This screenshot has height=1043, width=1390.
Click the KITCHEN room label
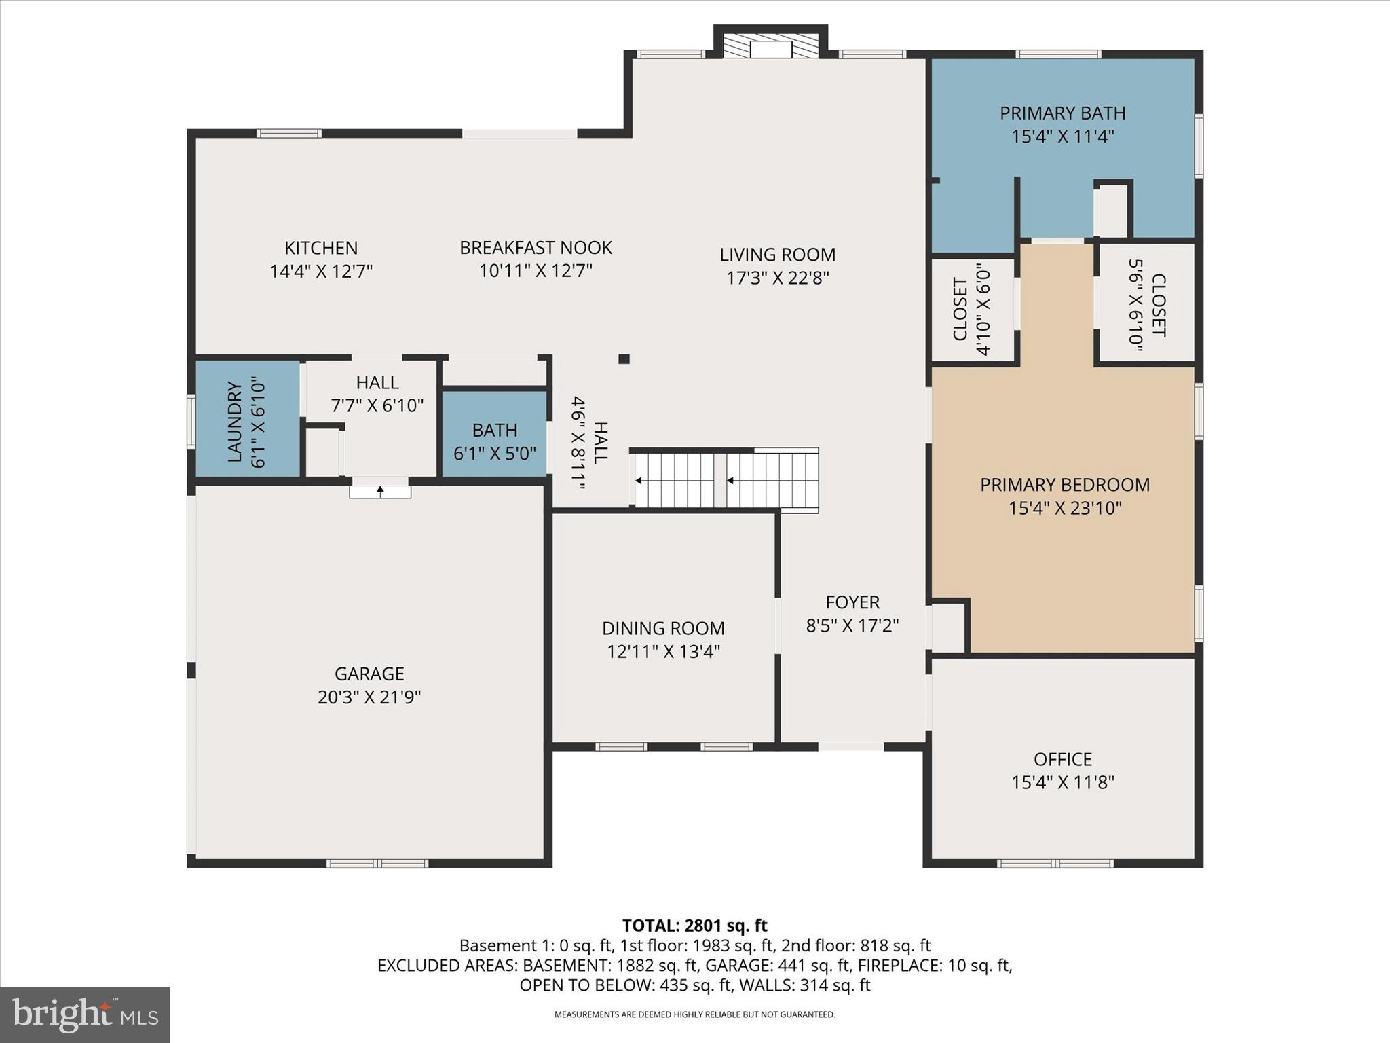(x=320, y=248)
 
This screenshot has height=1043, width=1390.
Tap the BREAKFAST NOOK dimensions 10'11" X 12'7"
(x=536, y=271)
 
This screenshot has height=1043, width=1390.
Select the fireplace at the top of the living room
(x=770, y=46)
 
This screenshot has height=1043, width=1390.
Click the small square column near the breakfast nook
(x=624, y=359)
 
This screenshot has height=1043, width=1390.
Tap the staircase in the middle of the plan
(x=725, y=480)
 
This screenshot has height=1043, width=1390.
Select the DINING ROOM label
(x=663, y=628)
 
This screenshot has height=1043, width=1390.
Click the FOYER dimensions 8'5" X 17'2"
(x=852, y=625)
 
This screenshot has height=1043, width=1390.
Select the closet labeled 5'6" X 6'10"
(x=1146, y=305)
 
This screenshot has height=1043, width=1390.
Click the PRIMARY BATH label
(x=1062, y=113)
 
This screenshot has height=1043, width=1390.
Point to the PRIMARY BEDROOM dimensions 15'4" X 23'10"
(x=1064, y=508)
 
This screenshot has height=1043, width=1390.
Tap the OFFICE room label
(x=1062, y=759)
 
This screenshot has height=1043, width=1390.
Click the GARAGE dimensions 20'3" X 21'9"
(x=369, y=697)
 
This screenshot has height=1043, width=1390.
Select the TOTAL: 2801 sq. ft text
(x=694, y=926)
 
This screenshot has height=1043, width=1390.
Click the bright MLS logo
(x=85, y=1014)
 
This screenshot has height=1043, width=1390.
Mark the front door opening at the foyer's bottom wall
(x=850, y=746)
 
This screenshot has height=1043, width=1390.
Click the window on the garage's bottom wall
(x=377, y=864)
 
